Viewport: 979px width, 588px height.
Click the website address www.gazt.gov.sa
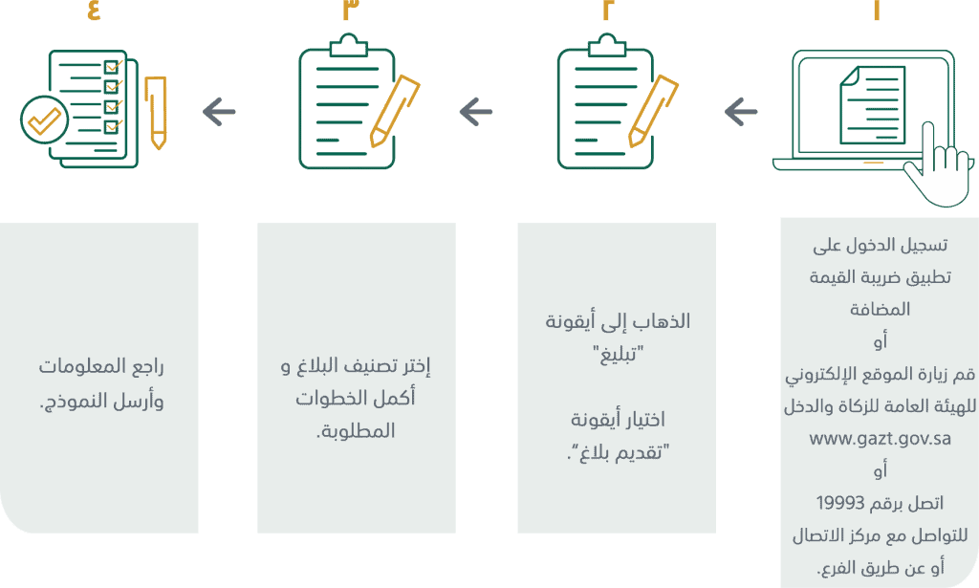[880, 438]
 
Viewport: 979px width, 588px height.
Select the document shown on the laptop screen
[872, 105]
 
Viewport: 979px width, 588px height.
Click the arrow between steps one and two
[741, 113]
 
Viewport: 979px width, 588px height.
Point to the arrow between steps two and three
[476, 113]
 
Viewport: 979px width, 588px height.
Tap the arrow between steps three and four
[219, 113]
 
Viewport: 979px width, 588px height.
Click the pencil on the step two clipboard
[652, 111]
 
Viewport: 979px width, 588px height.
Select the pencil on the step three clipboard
[395, 111]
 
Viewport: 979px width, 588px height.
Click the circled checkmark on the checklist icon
[44, 120]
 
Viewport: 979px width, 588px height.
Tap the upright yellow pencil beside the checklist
[156, 113]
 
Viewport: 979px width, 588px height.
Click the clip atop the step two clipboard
[605, 46]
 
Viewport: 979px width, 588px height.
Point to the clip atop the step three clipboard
[348, 46]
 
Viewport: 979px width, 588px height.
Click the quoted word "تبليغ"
[619, 355]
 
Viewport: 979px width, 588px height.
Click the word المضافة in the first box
[880, 309]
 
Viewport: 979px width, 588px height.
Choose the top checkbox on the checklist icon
[111, 66]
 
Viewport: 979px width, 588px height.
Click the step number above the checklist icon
[94, 10]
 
